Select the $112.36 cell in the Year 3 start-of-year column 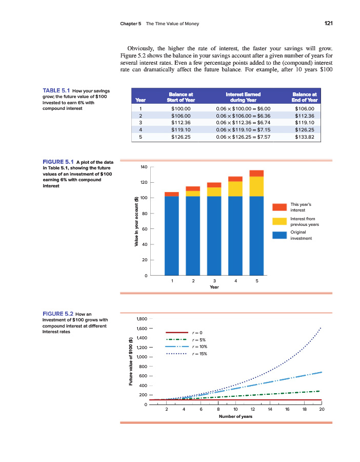coord(180,123)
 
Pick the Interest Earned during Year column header coord(243,98)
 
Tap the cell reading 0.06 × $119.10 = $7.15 coord(243,130)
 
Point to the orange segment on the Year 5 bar coord(256,173)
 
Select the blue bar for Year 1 coord(172,236)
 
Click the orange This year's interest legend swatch coord(279,207)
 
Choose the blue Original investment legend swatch coord(279,235)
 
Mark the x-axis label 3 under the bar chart coord(214,281)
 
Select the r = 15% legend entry coord(198,354)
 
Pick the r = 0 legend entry coord(197,333)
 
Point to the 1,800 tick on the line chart coord(141,319)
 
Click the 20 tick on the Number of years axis coord(322,410)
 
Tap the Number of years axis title coord(235,416)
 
